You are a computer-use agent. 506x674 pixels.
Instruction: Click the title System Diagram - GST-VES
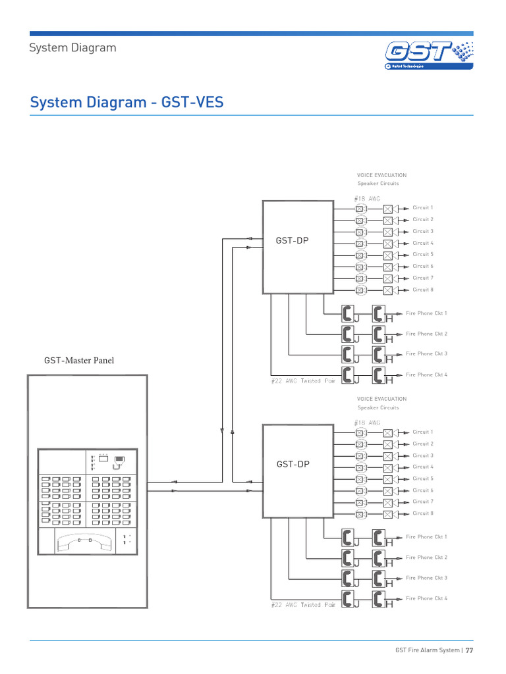[x=127, y=103]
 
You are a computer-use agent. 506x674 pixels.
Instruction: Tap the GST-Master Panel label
[x=83, y=360]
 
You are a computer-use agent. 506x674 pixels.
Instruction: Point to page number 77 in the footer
[x=470, y=650]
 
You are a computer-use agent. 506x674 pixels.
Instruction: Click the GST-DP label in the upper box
[x=292, y=241]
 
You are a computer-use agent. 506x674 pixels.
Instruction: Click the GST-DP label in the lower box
[x=292, y=464]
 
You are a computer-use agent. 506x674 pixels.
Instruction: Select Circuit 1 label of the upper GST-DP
[x=422, y=208]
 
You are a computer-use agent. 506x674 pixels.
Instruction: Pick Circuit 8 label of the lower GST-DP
[x=422, y=513]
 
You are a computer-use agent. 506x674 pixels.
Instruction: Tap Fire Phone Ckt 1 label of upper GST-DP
[x=426, y=313]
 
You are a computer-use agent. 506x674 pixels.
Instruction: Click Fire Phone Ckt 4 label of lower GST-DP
[x=426, y=598]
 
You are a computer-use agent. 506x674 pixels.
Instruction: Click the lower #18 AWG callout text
[x=367, y=423]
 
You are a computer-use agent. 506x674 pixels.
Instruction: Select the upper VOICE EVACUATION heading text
[x=381, y=175]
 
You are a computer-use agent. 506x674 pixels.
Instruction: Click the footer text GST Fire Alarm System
[x=427, y=650]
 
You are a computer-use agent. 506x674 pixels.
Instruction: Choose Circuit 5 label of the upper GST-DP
[x=422, y=254]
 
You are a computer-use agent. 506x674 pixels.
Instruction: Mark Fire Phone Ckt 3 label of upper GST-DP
[x=426, y=354]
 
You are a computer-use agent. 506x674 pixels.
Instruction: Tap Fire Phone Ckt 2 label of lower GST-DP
[x=426, y=557]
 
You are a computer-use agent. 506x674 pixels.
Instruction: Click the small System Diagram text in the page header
[x=73, y=47]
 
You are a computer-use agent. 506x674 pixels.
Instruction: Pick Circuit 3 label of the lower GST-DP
[x=422, y=455]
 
